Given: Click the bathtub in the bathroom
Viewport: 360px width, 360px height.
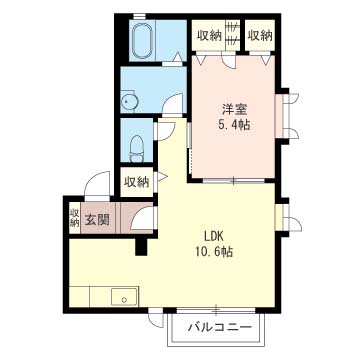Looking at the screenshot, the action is tap(143, 41).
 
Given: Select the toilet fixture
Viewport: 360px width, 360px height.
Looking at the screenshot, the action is tap(136, 147).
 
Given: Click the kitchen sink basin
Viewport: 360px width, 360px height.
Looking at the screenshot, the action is tap(124, 296).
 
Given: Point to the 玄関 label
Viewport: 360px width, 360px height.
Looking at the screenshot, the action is tap(97, 219).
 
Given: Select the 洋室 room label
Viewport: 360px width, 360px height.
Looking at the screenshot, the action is tap(233, 109).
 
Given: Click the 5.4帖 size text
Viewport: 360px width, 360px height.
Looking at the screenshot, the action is tap(233, 125).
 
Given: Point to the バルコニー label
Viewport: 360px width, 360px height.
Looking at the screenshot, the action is tap(219, 327).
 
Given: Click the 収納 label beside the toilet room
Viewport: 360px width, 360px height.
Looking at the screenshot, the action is tap(137, 182).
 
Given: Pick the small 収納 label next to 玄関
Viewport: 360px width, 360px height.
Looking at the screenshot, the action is tap(74, 218).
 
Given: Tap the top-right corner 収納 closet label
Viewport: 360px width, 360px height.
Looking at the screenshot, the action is tap(260, 36).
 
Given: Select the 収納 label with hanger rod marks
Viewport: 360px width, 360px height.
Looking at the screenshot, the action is tap(209, 36).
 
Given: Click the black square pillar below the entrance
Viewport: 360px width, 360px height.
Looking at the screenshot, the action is tap(141, 247).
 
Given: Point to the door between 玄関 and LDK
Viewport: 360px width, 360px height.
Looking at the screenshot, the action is tap(143, 218).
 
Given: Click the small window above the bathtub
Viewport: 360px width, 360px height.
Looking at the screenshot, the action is tap(139, 16).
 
